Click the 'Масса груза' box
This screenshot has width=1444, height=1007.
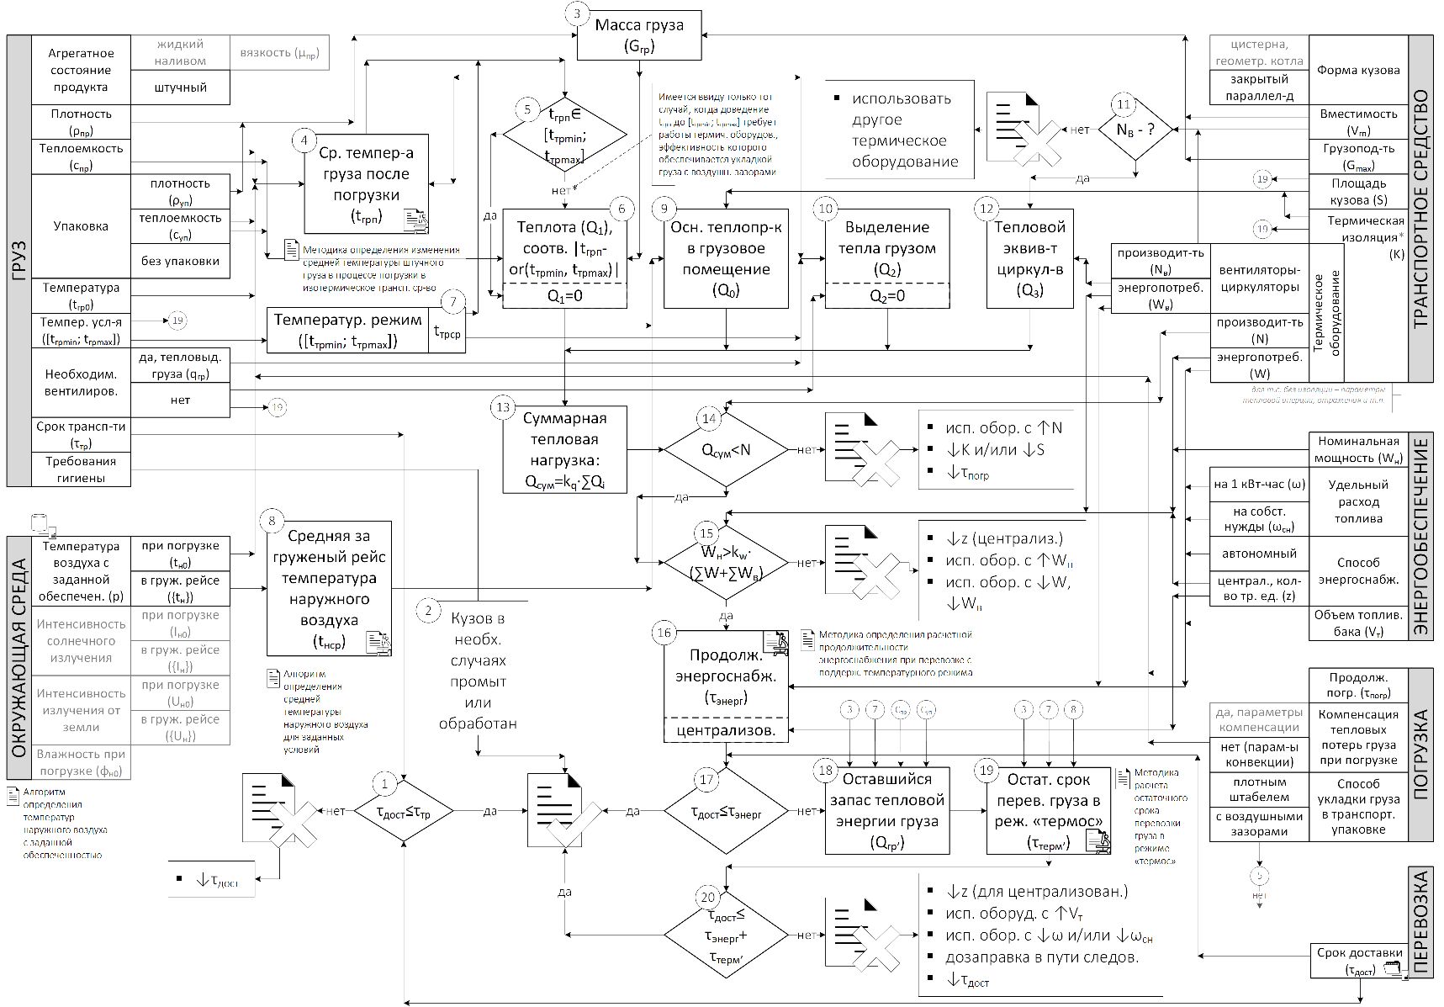coord(639,35)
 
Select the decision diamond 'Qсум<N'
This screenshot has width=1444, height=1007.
coord(726,449)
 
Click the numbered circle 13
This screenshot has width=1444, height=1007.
coord(503,407)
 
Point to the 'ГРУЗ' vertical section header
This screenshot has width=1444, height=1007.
coord(19,261)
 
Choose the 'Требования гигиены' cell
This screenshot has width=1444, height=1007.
coord(82,469)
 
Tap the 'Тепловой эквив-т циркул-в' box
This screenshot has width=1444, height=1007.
coord(1030,258)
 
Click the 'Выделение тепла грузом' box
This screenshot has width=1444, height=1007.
coord(887,248)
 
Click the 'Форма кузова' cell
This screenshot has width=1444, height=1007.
coord(1358,70)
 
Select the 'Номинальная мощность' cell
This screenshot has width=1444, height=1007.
coord(1359,449)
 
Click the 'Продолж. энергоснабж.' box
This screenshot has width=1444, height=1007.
coord(727,676)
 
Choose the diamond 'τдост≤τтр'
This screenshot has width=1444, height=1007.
coord(403,811)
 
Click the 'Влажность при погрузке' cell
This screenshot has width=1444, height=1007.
coord(82,762)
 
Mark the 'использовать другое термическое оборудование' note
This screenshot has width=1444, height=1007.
coord(900,130)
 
